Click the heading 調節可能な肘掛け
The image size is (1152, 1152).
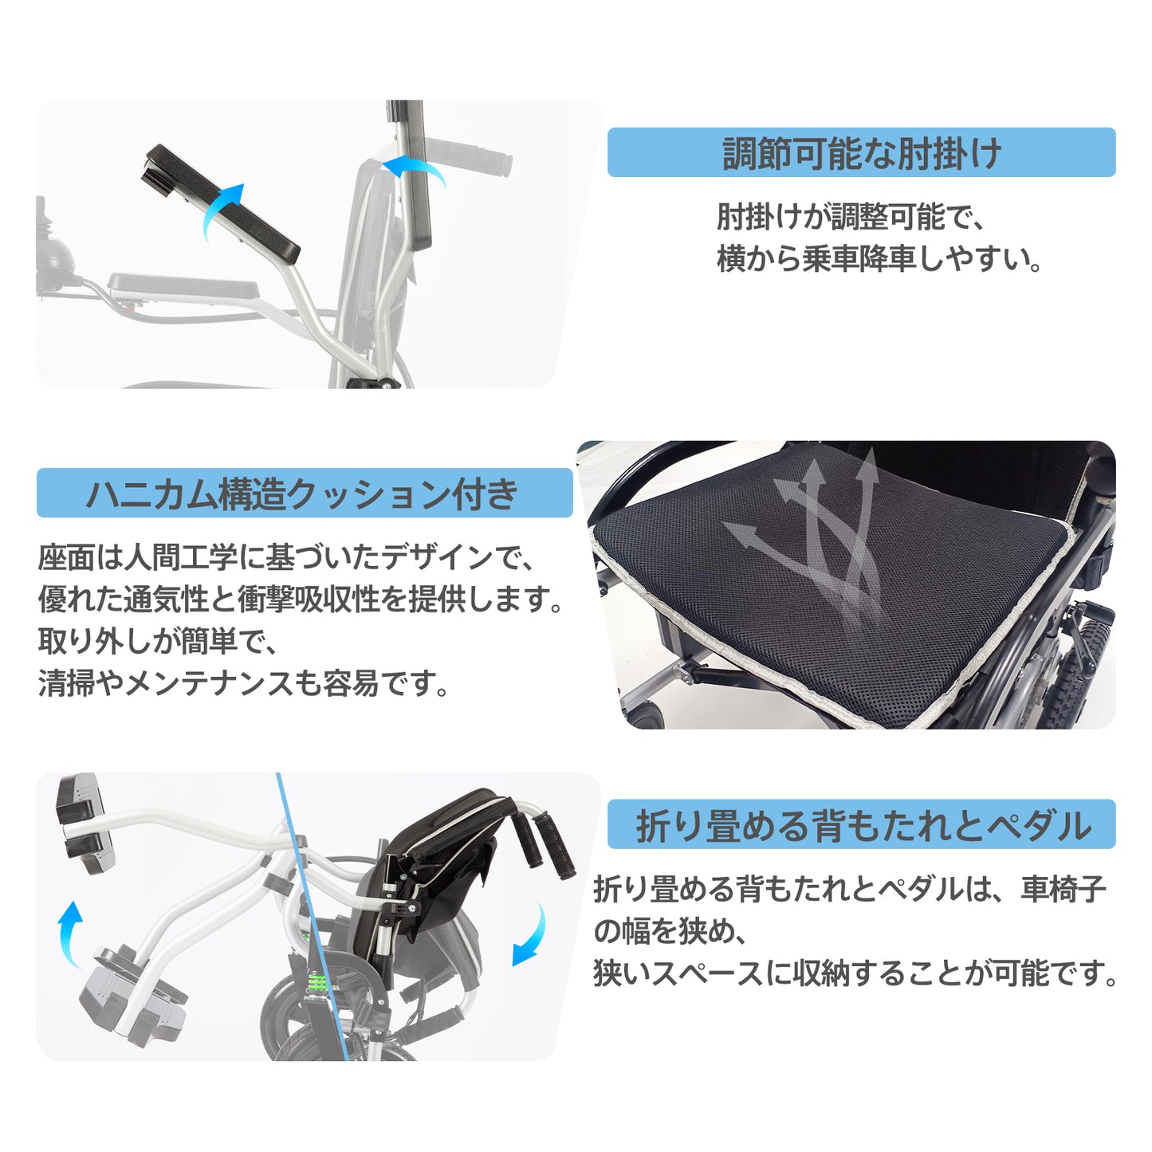tap(862, 153)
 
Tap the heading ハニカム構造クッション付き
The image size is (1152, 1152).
tap(302, 493)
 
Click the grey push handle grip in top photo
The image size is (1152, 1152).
tap(469, 155)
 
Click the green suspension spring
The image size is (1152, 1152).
tap(317, 981)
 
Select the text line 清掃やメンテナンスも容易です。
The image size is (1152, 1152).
tap(244, 682)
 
